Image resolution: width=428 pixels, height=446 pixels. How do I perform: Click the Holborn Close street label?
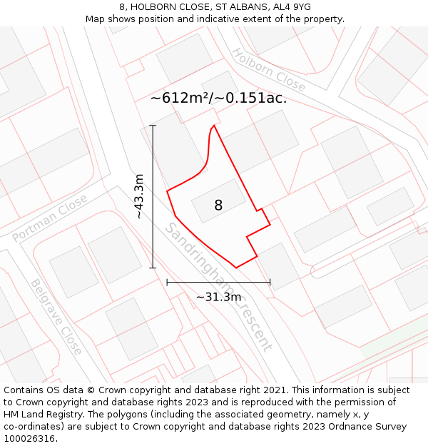point(269,70)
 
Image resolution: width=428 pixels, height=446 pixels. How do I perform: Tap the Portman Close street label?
point(50,218)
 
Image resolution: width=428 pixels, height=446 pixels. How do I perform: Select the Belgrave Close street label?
point(56,316)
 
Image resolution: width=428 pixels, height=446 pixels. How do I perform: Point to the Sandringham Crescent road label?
point(218,286)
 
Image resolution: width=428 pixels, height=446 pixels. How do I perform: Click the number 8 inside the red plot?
point(218,206)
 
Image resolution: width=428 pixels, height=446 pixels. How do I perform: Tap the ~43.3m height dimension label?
point(139,196)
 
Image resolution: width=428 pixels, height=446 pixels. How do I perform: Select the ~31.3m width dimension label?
point(218,297)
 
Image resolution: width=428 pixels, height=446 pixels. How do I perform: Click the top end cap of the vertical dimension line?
point(153,126)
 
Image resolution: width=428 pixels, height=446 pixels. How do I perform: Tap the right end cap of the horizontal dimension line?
point(270,282)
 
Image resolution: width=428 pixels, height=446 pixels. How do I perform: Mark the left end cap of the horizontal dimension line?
point(167,282)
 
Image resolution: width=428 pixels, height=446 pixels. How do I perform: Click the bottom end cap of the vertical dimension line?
point(153,268)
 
